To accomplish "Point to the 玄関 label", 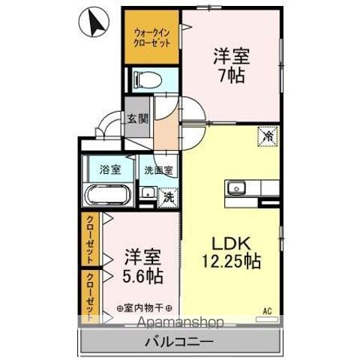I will (136, 119).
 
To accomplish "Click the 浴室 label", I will (109, 169).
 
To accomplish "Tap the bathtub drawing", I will (109, 195).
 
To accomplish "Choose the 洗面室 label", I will (158, 169).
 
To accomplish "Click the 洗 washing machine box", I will (169, 198).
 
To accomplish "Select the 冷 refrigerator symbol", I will (266, 137).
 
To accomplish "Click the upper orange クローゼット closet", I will (89, 239).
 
